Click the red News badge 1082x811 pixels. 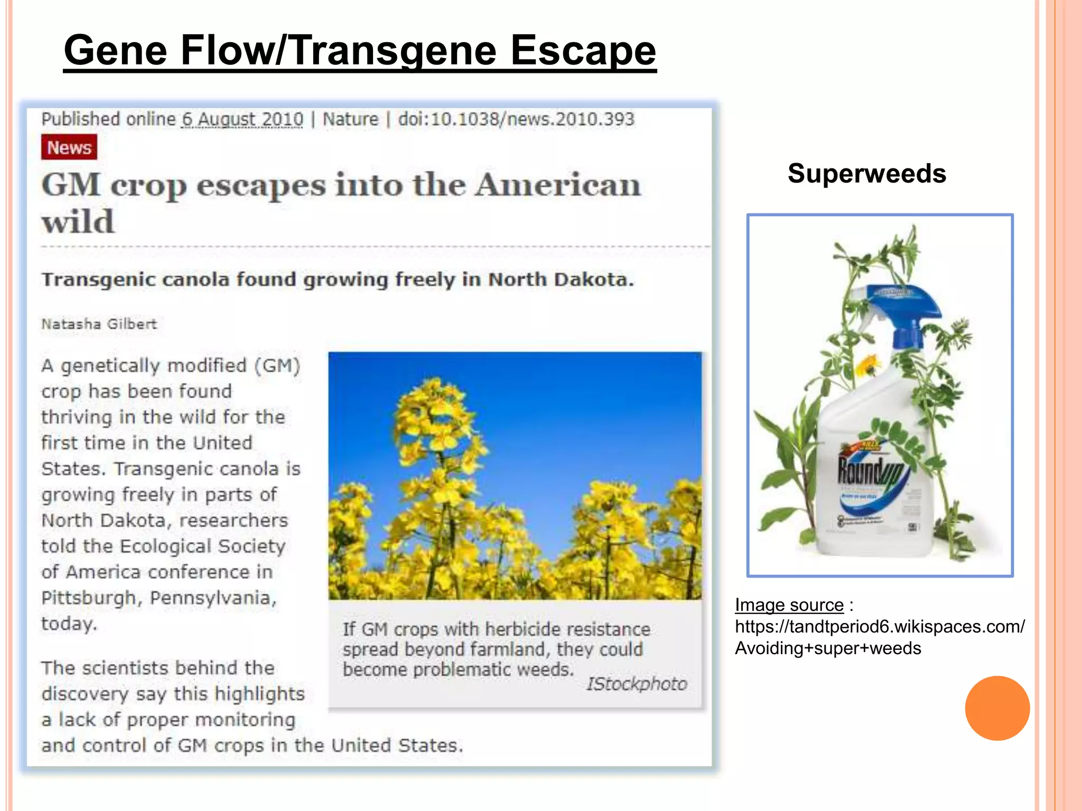pos(69,147)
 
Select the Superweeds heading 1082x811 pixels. pos(866,173)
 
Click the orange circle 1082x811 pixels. pos(997,708)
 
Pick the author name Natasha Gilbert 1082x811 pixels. pos(99,324)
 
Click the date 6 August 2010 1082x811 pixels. pos(242,119)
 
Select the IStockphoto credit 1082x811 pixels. pos(637,684)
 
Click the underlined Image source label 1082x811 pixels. pos(789,605)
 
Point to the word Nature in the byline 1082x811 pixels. pos(350,119)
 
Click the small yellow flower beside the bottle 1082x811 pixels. pos(866,364)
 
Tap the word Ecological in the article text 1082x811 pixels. pos(166,546)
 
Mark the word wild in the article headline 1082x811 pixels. pos(78,221)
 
